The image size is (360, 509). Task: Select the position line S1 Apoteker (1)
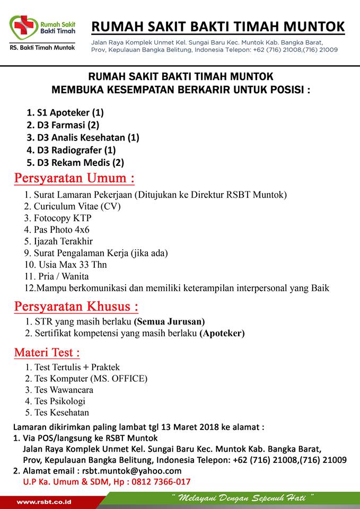[x=65, y=112]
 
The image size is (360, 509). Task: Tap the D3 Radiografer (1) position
[x=71, y=150]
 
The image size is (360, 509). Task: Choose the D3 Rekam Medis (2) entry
[x=75, y=163]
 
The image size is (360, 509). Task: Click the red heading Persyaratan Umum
[x=74, y=178]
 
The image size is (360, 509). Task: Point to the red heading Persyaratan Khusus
[x=76, y=306]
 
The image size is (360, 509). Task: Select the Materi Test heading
[x=47, y=352]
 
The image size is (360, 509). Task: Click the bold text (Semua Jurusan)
[x=169, y=322]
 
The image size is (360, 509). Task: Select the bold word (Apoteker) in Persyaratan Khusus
[x=222, y=334]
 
